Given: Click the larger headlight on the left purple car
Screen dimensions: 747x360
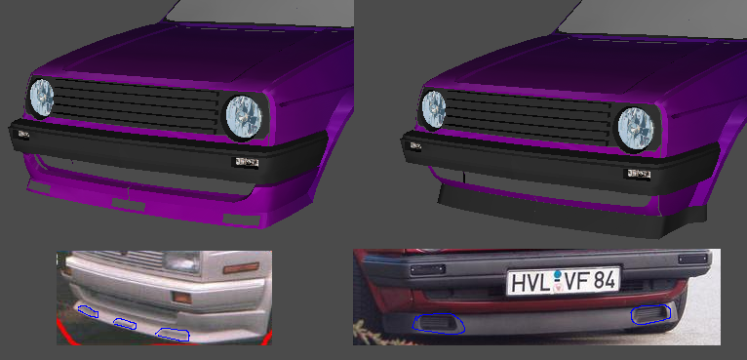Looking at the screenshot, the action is coord(244,117).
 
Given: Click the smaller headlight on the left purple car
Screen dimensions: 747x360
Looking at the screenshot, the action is coord(42,98).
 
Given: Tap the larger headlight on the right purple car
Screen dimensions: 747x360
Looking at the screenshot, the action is coord(636,128).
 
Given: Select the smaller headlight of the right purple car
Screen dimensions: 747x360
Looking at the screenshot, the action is coord(434,109).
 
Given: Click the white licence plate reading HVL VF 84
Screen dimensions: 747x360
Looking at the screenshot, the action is coord(563,280).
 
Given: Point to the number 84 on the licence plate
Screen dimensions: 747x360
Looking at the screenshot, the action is coord(604,281).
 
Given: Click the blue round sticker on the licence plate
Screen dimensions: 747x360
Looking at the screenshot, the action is coord(558,275).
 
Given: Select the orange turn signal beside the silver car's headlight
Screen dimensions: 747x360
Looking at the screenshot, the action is coord(241,268).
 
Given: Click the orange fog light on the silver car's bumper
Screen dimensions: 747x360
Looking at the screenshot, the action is coord(182,298).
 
